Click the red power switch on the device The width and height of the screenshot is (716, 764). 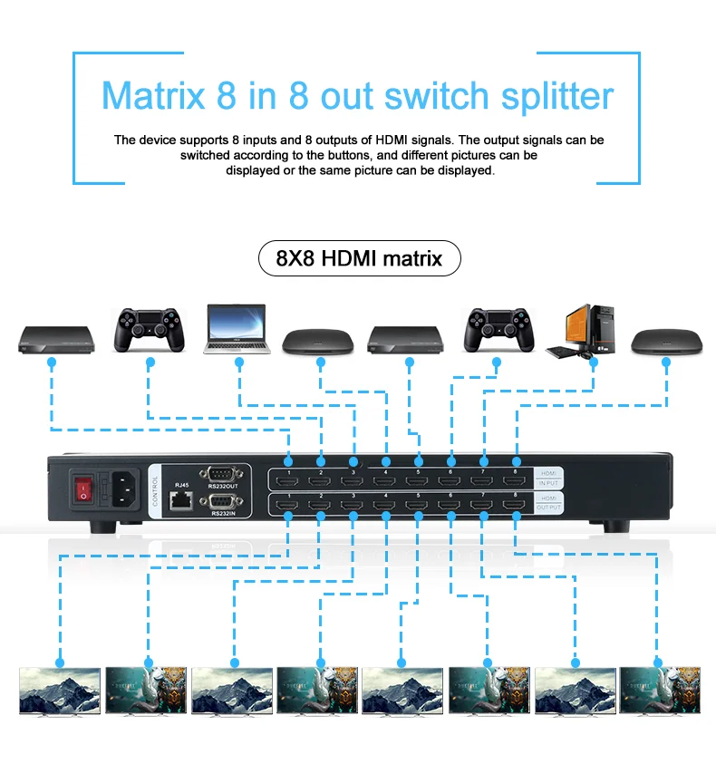85,489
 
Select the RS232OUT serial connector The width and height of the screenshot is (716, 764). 222,473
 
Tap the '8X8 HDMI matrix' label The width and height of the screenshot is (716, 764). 359,258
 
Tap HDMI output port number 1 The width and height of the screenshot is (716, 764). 288,506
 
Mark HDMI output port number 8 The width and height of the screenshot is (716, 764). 516,506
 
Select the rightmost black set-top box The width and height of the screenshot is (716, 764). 665,340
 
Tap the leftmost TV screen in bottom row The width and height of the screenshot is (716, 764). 60,691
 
